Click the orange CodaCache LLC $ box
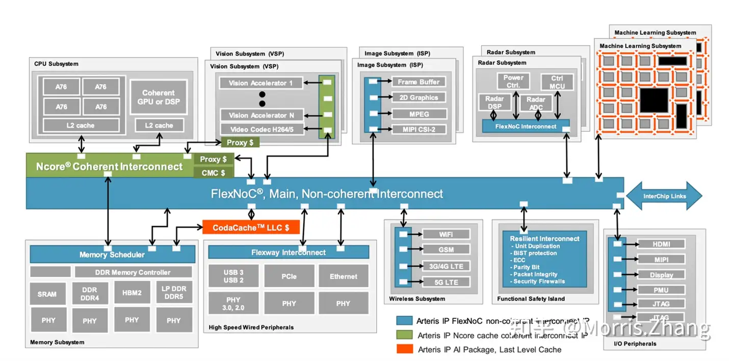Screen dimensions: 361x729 pos(250,228)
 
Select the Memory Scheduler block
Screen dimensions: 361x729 pos(112,254)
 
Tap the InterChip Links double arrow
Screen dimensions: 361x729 pos(664,196)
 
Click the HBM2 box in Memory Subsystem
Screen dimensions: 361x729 pos(132,293)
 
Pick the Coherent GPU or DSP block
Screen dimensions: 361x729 pos(158,97)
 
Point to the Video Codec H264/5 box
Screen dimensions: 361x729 pos(262,129)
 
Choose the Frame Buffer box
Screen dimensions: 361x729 pos(418,81)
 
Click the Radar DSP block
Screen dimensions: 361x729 pos(494,103)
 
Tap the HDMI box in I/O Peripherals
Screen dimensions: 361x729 pos(661,244)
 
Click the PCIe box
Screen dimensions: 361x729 pos(289,276)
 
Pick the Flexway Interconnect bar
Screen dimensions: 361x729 pos(289,253)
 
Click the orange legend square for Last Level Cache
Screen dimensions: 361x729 pos(404,349)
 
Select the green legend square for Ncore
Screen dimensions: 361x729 pos(404,335)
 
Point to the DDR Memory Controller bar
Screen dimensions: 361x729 pos(133,272)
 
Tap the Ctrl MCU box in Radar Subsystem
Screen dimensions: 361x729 pos(557,82)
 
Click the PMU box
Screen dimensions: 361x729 pos(661,290)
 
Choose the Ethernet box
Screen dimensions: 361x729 pos(343,276)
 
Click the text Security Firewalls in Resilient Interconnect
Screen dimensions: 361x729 pos(539,281)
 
